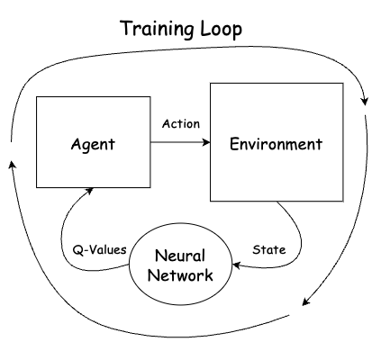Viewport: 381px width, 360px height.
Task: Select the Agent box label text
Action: point(93,145)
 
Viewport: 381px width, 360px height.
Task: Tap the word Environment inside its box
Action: point(276,144)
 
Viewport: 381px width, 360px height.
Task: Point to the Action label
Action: point(181,123)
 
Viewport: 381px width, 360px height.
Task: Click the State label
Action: point(269,249)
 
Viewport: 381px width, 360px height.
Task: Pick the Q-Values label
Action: point(100,249)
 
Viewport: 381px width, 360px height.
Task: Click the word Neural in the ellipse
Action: point(180,256)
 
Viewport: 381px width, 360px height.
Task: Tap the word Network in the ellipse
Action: point(180,275)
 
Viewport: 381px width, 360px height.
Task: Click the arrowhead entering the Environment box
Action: point(206,142)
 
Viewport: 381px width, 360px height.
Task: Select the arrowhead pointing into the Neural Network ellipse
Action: point(236,265)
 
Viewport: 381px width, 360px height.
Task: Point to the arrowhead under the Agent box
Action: point(89,191)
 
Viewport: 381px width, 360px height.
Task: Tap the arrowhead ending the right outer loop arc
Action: point(306,301)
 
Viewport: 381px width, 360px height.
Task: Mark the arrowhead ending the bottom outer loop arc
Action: point(13,165)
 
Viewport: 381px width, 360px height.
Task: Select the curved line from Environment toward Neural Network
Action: point(300,240)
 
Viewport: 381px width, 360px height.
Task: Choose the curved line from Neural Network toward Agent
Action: point(62,240)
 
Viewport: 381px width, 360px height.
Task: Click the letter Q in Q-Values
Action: point(77,250)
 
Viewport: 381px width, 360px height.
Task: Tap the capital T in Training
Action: point(127,28)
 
